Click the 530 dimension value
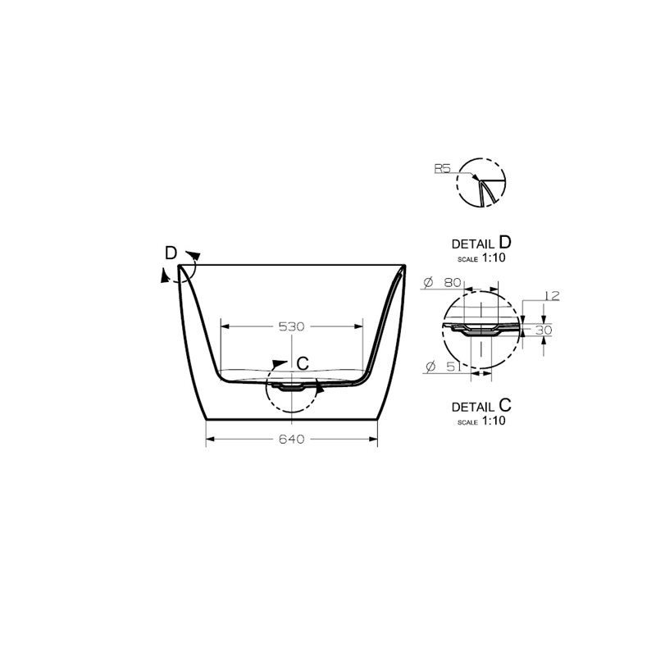pos(291,326)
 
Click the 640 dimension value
pos(291,439)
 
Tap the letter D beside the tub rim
pos(171,253)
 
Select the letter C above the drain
pos(303,364)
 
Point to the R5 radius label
pos(442,169)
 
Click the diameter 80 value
pos(453,283)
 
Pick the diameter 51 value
pos(453,367)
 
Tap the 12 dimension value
pos(552,296)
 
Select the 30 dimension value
pos(544,330)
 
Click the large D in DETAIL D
pos(505,242)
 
